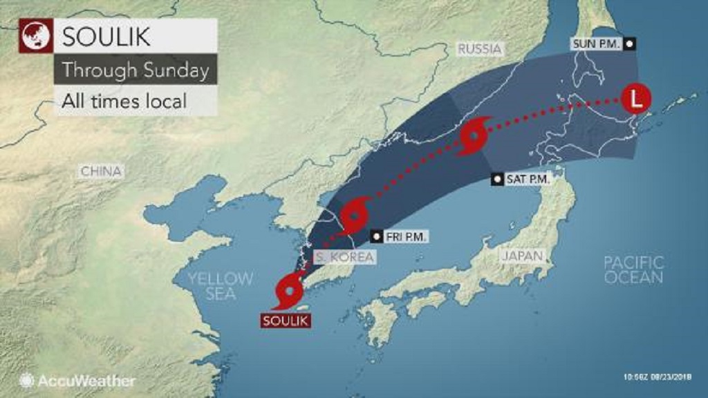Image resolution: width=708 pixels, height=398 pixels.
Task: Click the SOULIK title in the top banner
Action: (x=108, y=35)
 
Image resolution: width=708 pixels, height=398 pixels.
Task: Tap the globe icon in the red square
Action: (x=35, y=35)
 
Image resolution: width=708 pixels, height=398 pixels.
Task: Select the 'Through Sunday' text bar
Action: (x=136, y=70)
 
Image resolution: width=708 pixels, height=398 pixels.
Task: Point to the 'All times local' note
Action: (x=124, y=101)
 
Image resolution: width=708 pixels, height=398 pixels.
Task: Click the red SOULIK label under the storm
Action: (x=285, y=321)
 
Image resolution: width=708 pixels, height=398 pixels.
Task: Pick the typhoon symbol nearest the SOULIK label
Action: (x=289, y=290)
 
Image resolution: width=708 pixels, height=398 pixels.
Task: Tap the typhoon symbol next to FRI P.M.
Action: (x=355, y=215)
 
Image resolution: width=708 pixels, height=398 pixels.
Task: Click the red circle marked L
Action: (x=635, y=99)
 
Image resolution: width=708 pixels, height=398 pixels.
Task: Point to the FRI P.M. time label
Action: (x=400, y=236)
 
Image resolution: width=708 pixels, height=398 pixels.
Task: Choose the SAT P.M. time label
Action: (x=521, y=179)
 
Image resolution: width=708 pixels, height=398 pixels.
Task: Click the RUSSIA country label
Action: (x=479, y=49)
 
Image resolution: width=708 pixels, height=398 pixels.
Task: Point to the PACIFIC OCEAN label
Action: (x=633, y=269)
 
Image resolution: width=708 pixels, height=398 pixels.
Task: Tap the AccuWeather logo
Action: (x=78, y=380)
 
